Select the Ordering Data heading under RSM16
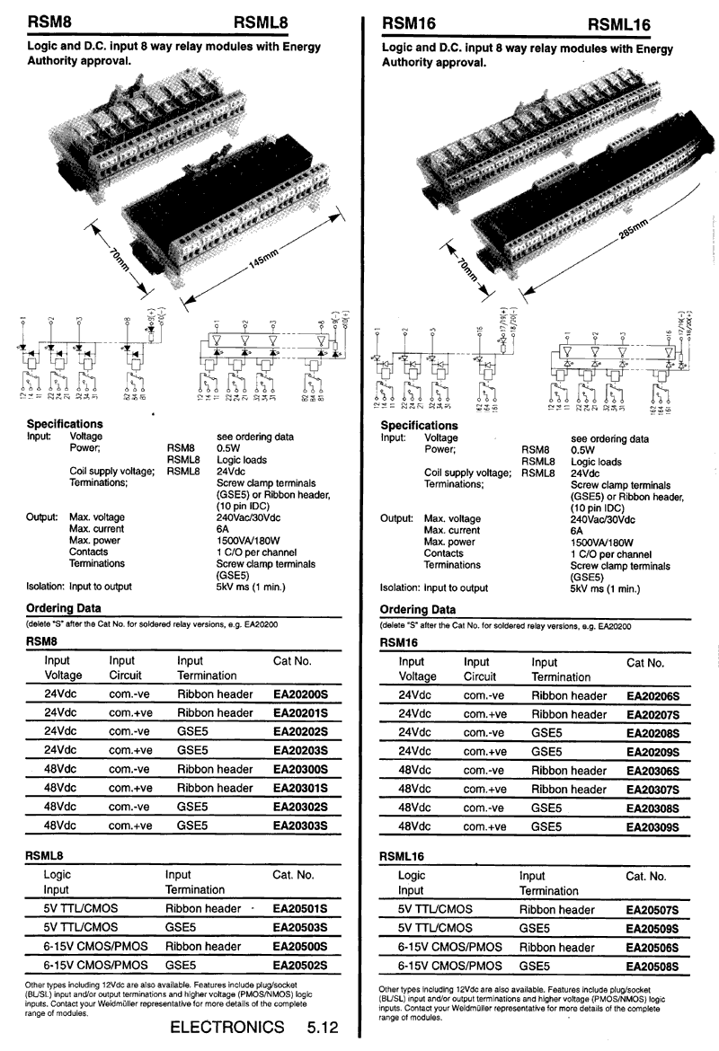pyautogui.click(x=419, y=610)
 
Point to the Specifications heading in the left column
pyautogui.click(x=65, y=424)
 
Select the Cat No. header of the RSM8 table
pyautogui.click(x=291, y=661)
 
